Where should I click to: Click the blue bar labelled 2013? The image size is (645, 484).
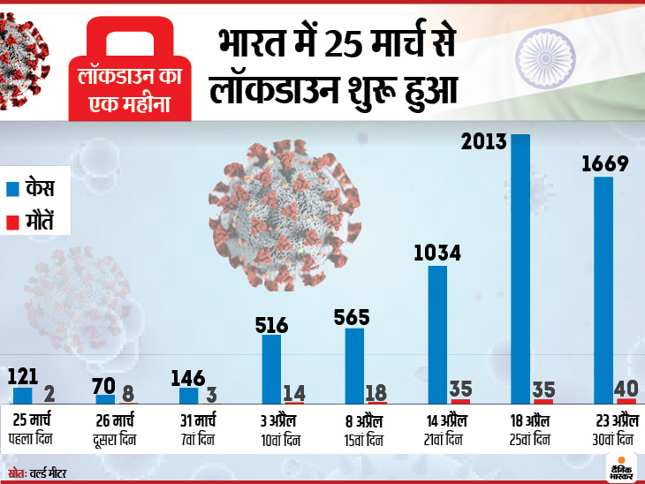pos(520,269)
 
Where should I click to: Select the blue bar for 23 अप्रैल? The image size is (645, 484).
pos(603,291)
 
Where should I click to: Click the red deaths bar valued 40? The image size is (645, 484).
pos(626,402)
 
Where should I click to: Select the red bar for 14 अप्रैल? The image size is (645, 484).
pos(460,402)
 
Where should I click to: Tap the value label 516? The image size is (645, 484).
pos(271,324)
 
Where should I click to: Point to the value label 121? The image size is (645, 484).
pos(23,376)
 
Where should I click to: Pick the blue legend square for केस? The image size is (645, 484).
pos(13,188)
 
